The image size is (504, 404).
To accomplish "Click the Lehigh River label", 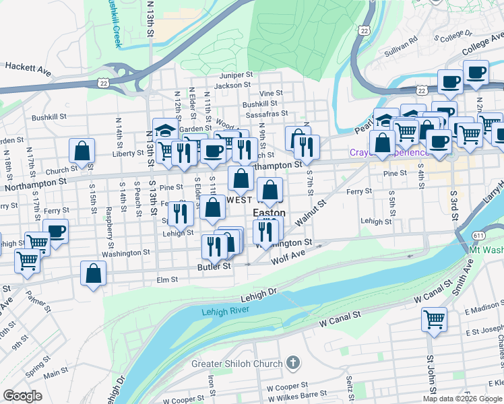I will (x=225, y=310).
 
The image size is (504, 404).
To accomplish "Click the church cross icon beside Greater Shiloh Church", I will (x=292, y=364).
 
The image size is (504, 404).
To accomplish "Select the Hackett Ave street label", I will (x=28, y=67).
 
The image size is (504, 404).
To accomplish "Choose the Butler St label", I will (x=214, y=266).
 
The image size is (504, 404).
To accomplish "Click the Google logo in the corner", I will (x=22, y=396).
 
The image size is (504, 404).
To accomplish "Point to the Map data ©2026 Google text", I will (x=462, y=399).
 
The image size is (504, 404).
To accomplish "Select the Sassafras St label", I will (x=267, y=114).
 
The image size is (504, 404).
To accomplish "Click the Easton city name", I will (x=269, y=212).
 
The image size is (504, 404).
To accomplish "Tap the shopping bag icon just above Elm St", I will (x=94, y=273).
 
